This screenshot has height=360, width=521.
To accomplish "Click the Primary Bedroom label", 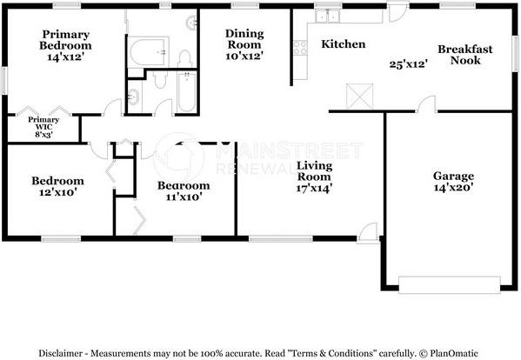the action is (65, 40).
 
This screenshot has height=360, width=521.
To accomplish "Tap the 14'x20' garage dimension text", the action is (453, 188).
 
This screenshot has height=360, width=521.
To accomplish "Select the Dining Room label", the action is (244, 39).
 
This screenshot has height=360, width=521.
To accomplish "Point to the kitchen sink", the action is (327, 16).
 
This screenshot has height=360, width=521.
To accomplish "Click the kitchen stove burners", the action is (300, 47).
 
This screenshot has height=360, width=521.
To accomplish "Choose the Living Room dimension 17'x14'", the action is (314, 189).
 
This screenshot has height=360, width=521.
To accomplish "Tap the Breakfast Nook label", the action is (465, 55).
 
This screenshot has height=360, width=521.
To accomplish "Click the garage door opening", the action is (449, 284).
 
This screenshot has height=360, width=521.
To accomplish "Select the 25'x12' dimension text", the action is (408, 64).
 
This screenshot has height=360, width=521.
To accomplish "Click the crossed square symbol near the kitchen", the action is (359, 97).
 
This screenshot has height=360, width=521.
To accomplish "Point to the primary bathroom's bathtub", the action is (148, 52).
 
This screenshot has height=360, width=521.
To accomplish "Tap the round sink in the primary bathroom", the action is (192, 23).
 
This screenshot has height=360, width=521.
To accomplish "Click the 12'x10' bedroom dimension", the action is (58, 192).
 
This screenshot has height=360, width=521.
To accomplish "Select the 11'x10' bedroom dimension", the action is (184, 197).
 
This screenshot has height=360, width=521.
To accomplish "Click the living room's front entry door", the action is (368, 233).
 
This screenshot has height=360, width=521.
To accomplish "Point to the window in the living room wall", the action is (281, 238).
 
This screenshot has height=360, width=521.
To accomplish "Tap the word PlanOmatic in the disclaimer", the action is (453, 353).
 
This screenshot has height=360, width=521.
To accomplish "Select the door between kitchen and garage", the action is (426, 104).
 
